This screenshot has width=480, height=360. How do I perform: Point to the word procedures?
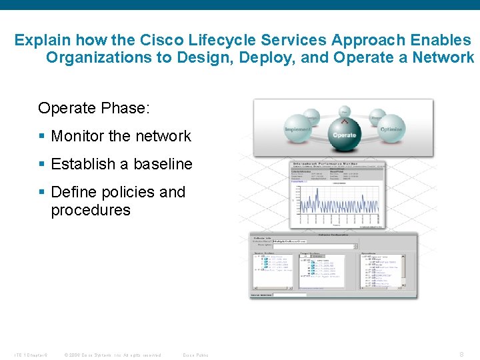[x=91, y=210]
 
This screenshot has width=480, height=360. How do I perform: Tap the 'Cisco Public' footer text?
[x=195, y=355]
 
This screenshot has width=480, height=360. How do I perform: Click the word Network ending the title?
[x=443, y=58]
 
